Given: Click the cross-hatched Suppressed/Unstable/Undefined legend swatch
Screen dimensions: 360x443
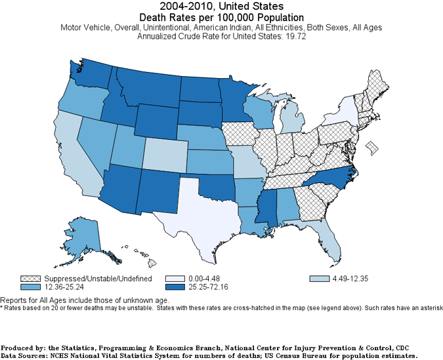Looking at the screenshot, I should (28, 279).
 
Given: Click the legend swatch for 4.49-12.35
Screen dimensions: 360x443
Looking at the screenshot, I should (316, 279).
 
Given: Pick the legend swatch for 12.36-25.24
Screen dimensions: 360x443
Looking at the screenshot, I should (28, 287).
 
